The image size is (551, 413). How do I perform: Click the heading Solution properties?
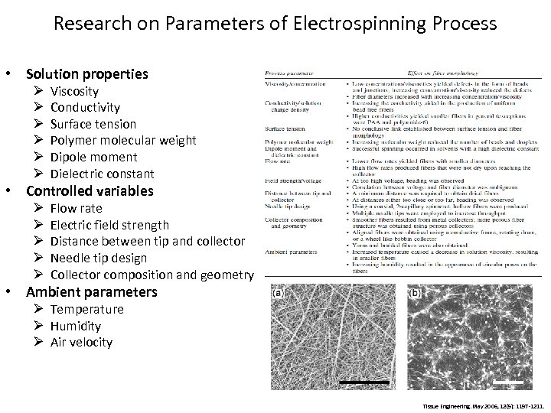[x=86, y=74]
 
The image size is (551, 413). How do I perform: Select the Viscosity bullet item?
[x=76, y=91]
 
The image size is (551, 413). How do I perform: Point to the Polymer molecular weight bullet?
[x=122, y=140]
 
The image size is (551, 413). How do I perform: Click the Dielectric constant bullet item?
[x=102, y=174]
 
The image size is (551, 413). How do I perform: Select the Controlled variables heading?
[x=90, y=190]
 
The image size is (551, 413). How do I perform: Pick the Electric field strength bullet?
[x=109, y=225]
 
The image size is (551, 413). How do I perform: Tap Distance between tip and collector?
[x=147, y=242]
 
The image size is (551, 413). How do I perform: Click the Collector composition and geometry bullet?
[x=152, y=275]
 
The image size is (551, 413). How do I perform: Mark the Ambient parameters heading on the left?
[x=91, y=291]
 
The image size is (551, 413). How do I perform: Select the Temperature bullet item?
[x=86, y=309]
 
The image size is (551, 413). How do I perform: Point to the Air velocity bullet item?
[x=81, y=343]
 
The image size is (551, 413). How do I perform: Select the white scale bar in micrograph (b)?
[x=507, y=381]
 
